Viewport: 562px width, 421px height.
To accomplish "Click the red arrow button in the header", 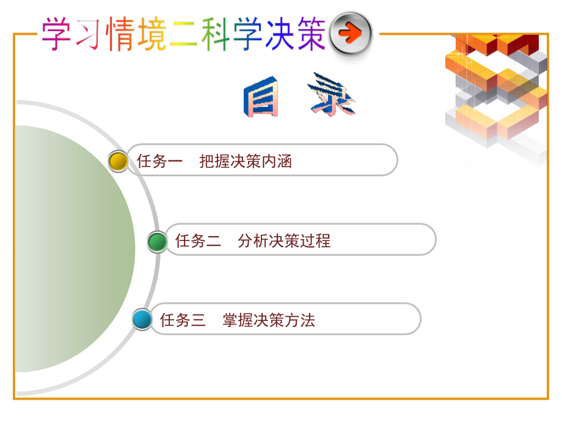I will [x=351, y=33].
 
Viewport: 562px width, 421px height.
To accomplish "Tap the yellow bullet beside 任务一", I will [x=118, y=161].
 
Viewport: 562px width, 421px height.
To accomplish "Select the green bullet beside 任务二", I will [x=157, y=242].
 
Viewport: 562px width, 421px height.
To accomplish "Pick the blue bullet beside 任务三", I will [x=142, y=319].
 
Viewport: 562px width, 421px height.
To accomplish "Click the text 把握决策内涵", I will [x=246, y=161].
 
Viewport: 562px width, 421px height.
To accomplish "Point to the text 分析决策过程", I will [x=284, y=241].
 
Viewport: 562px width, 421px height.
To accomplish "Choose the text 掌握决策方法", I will [x=269, y=320].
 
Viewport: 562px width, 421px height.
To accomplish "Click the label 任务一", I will [x=159, y=161].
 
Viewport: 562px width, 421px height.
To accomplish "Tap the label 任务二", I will [x=198, y=241].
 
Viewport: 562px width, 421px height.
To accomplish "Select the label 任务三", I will [x=183, y=320].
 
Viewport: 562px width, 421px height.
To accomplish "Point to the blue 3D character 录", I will [x=332, y=96].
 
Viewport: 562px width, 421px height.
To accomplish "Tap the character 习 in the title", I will [x=88, y=34].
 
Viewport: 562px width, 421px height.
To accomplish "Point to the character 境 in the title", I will [x=151, y=34].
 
